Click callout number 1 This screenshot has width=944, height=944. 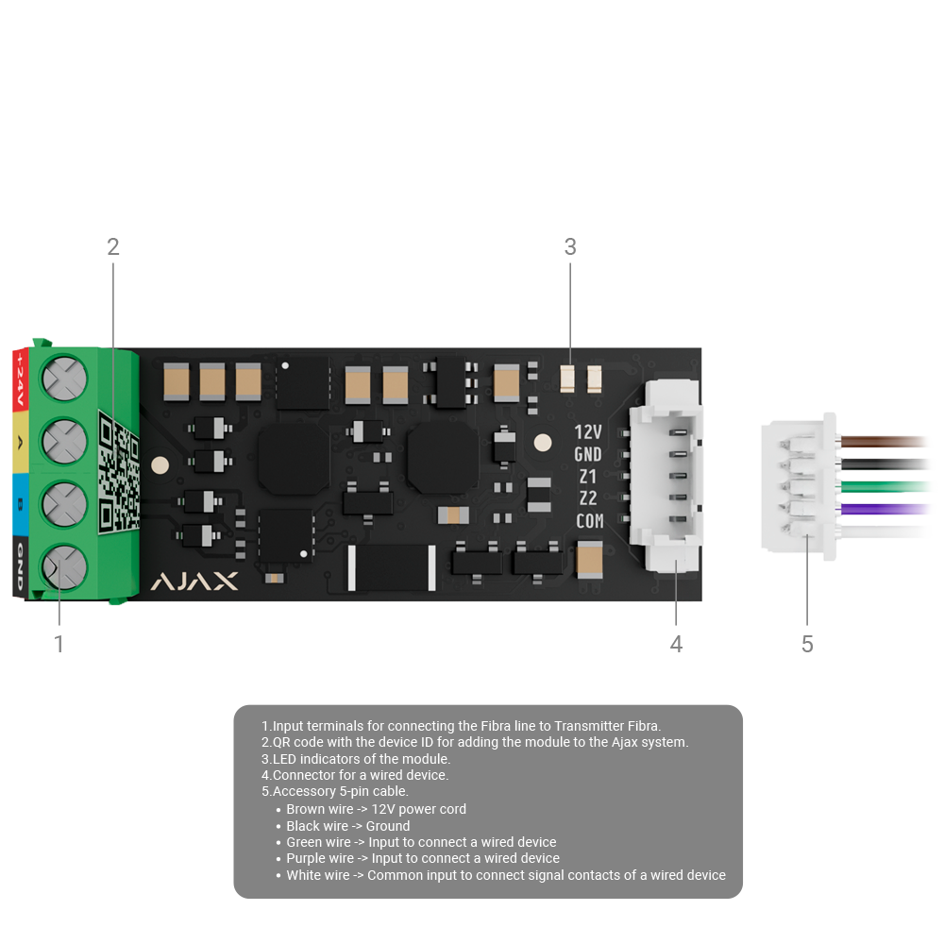pos(59,645)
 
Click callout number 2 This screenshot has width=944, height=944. pos(113,247)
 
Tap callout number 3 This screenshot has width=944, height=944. pos(570,247)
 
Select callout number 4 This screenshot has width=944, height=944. pos(676,645)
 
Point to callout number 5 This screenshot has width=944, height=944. pos(807,645)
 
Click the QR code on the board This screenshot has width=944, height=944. pos(119,471)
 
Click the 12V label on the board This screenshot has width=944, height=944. pos(588,432)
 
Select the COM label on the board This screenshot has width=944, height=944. pos(589,521)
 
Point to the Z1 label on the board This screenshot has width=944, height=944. pos(588,477)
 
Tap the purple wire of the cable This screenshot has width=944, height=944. pos(887,510)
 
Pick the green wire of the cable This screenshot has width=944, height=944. pos(887,487)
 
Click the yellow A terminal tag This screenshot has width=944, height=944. pos(19,444)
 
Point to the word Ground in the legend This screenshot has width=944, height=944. pos(388,826)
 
